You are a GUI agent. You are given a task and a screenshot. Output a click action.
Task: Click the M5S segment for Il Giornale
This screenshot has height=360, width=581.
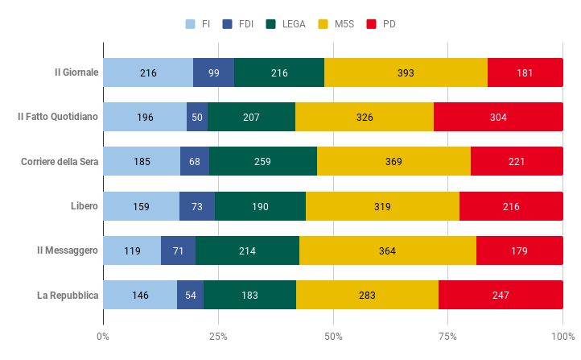406,72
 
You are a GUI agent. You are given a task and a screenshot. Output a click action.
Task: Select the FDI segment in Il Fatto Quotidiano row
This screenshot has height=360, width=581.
197,118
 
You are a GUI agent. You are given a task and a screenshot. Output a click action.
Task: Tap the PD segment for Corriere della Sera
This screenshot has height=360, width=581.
517,162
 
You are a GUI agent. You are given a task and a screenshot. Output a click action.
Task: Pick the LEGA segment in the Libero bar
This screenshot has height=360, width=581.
260,206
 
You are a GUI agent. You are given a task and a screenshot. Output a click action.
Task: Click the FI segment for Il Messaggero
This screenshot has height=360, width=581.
132,251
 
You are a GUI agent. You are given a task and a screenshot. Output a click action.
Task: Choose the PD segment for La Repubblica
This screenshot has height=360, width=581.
501,296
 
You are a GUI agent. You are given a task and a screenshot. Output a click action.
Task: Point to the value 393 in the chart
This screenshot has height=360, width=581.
406,73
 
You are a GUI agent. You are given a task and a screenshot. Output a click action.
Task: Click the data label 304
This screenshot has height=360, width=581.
498,118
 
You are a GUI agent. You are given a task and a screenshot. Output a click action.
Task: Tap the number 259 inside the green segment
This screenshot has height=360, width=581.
262,162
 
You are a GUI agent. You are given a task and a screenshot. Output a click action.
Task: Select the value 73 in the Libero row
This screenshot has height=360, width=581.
197,206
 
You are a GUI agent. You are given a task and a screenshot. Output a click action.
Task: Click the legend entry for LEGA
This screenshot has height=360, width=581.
286,24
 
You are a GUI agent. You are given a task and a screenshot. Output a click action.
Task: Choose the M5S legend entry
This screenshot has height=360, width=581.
341,24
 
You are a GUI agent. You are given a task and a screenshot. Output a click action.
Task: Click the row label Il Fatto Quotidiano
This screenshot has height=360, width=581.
58,117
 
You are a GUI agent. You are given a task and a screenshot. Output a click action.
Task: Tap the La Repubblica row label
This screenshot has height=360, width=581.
68,296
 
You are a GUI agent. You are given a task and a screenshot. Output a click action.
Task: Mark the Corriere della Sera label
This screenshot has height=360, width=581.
60,162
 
